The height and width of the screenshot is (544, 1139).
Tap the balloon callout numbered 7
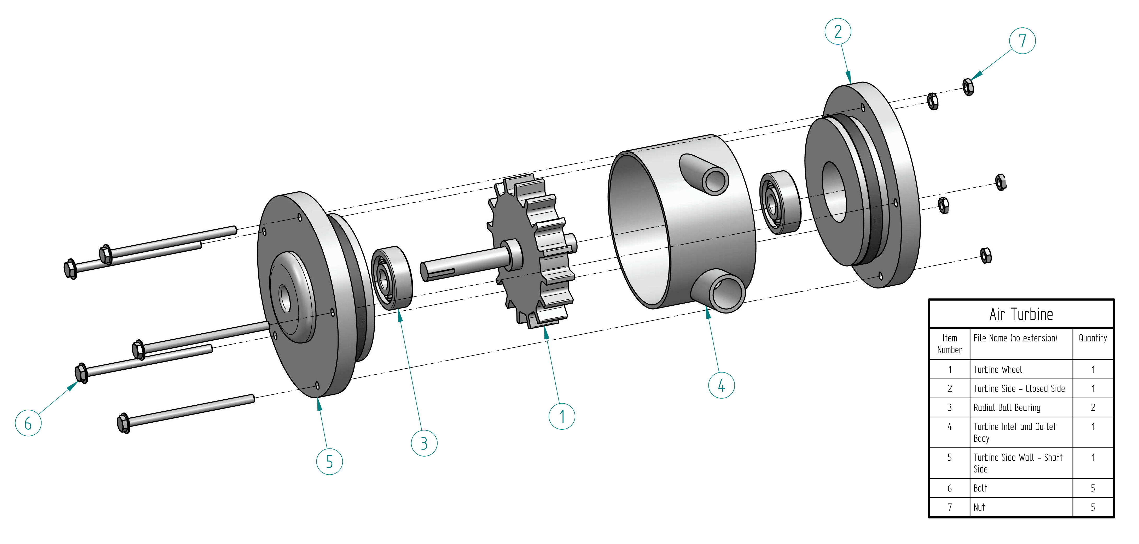[x=1022, y=41]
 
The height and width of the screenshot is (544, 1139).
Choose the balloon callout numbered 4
[x=721, y=385]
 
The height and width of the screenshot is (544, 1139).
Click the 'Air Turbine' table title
[x=1021, y=314]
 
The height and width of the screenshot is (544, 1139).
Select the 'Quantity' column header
[x=1092, y=338]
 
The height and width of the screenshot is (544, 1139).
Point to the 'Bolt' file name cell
[x=980, y=488]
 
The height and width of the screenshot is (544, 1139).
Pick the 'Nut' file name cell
[x=979, y=507]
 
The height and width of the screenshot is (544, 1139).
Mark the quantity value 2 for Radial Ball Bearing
[x=1092, y=407]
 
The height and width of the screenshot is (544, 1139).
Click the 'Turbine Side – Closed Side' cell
[x=1019, y=388]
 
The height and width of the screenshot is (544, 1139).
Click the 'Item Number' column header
[x=949, y=344]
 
